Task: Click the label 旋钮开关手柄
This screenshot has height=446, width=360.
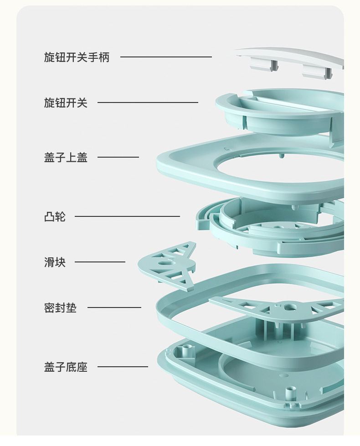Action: click(x=77, y=57)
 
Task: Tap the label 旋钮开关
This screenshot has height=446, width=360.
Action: click(x=66, y=103)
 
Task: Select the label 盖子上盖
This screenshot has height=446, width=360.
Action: click(x=66, y=158)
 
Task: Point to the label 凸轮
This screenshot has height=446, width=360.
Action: click(x=55, y=217)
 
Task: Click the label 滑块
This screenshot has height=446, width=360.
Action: click(x=55, y=262)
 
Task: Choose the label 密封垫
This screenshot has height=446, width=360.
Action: click(x=60, y=308)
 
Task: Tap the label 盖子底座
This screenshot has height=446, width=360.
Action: click(x=66, y=367)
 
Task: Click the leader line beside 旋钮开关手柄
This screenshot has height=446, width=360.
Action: click(x=166, y=57)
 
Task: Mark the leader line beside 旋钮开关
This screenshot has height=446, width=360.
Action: click(x=148, y=103)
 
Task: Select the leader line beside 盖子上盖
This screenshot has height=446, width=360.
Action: click(x=118, y=157)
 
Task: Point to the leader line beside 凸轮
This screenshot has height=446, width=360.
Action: click(x=127, y=216)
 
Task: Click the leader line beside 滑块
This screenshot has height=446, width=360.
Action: click(x=100, y=262)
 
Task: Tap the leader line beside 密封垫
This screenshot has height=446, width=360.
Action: click(x=114, y=308)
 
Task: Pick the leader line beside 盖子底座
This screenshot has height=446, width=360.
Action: click(x=123, y=367)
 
